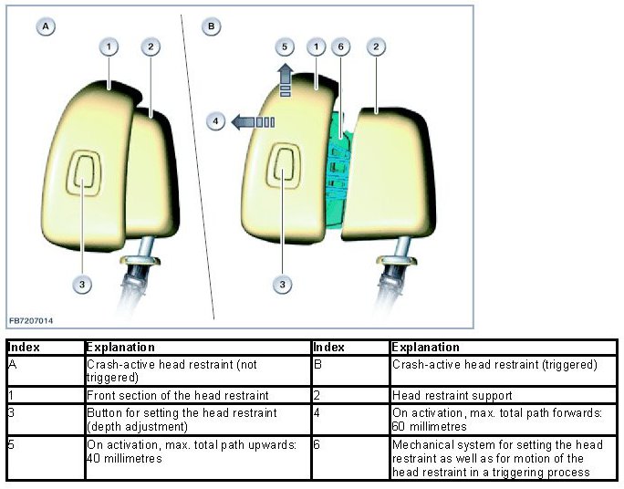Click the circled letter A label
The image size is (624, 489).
[x=45, y=26]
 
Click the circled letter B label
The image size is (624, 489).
[x=212, y=26]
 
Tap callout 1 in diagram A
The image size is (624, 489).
[x=109, y=46]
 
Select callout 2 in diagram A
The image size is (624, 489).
[x=151, y=46]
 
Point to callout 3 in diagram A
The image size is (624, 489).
[x=82, y=285]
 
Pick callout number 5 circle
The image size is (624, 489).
[x=284, y=46]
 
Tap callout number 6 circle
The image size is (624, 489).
[x=339, y=46]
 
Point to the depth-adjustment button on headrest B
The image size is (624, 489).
[x=284, y=170]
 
